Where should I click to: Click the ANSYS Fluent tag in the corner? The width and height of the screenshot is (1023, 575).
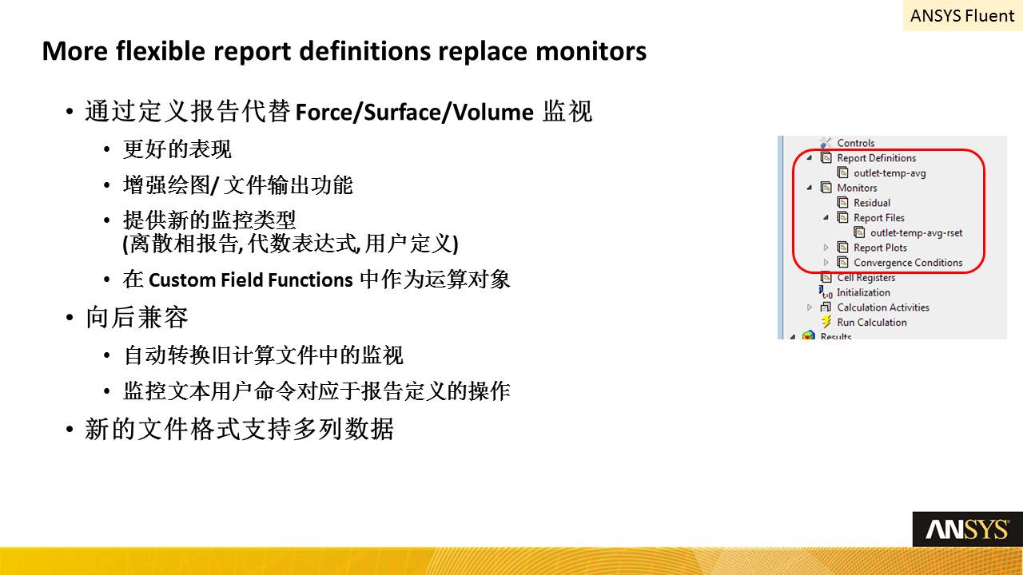pyautogui.click(x=962, y=16)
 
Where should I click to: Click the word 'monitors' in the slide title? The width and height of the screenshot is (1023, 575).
pyautogui.click(x=591, y=50)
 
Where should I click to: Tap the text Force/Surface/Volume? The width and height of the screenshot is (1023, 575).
pyautogui.click(x=414, y=113)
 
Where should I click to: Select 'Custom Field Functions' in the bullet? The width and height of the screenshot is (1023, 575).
pyautogui.click(x=251, y=280)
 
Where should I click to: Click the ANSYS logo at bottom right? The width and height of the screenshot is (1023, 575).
pyautogui.click(x=967, y=529)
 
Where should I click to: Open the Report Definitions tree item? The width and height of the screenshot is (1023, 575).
pyautogui.click(x=876, y=158)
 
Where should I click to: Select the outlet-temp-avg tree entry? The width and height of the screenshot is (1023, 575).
pyautogui.click(x=890, y=173)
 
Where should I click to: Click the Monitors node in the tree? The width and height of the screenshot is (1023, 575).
pyautogui.click(x=857, y=188)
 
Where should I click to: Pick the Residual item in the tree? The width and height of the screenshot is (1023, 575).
pyautogui.click(x=872, y=203)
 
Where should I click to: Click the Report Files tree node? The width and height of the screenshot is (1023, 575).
pyautogui.click(x=878, y=218)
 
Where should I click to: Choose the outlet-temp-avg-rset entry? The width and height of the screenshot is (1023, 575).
pyautogui.click(x=916, y=232)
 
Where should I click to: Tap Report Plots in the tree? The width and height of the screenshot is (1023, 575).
pyautogui.click(x=880, y=248)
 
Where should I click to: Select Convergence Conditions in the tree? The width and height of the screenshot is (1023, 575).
pyautogui.click(x=908, y=263)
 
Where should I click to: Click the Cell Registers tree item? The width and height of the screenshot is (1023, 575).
pyautogui.click(x=866, y=277)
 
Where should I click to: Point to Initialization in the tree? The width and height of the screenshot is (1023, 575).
pyautogui.click(x=863, y=292)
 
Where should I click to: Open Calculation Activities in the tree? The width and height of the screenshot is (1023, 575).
pyautogui.click(x=883, y=307)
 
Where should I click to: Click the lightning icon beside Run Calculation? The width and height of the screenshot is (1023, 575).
pyautogui.click(x=826, y=322)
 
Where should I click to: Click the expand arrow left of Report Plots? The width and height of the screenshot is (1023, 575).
pyautogui.click(x=826, y=248)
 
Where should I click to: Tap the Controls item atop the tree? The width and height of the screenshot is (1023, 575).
pyautogui.click(x=855, y=143)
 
